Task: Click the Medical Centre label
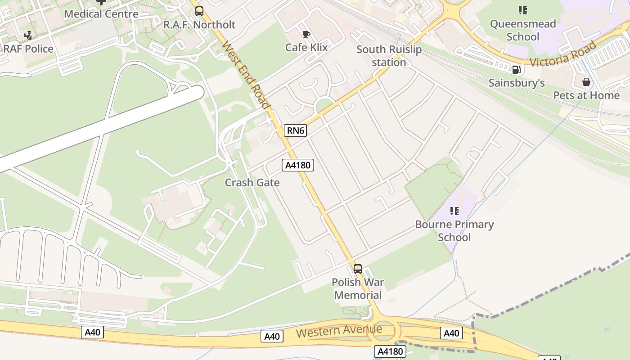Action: click(x=101, y=14)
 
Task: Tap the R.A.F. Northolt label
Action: click(x=199, y=25)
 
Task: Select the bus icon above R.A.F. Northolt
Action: click(x=199, y=11)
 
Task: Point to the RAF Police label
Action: click(x=29, y=49)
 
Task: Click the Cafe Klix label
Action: click(x=306, y=47)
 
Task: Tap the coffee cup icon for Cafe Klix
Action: click(x=306, y=34)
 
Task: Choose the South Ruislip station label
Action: click(x=389, y=56)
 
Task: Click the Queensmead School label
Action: click(x=523, y=30)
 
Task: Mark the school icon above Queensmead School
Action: click(x=522, y=10)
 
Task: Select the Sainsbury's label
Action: click(x=517, y=83)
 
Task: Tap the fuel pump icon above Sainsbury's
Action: click(x=517, y=70)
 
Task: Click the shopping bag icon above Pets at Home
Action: click(x=586, y=82)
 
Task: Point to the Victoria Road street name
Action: click(x=563, y=54)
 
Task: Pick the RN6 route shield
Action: click(x=296, y=131)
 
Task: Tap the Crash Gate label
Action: click(x=252, y=183)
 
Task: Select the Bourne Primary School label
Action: click(x=454, y=231)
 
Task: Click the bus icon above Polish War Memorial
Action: click(x=358, y=269)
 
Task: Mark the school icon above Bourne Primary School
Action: click(x=454, y=211)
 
